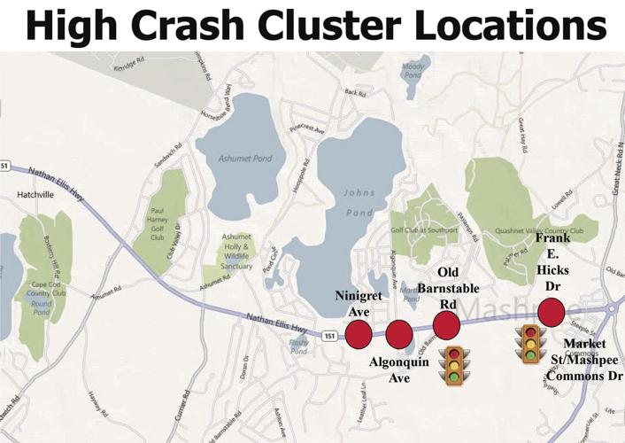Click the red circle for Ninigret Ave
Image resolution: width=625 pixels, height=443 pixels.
click(x=358, y=334)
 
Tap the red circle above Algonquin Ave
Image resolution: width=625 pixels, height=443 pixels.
click(x=398, y=334)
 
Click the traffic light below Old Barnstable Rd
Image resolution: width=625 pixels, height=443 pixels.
click(x=454, y=366)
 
